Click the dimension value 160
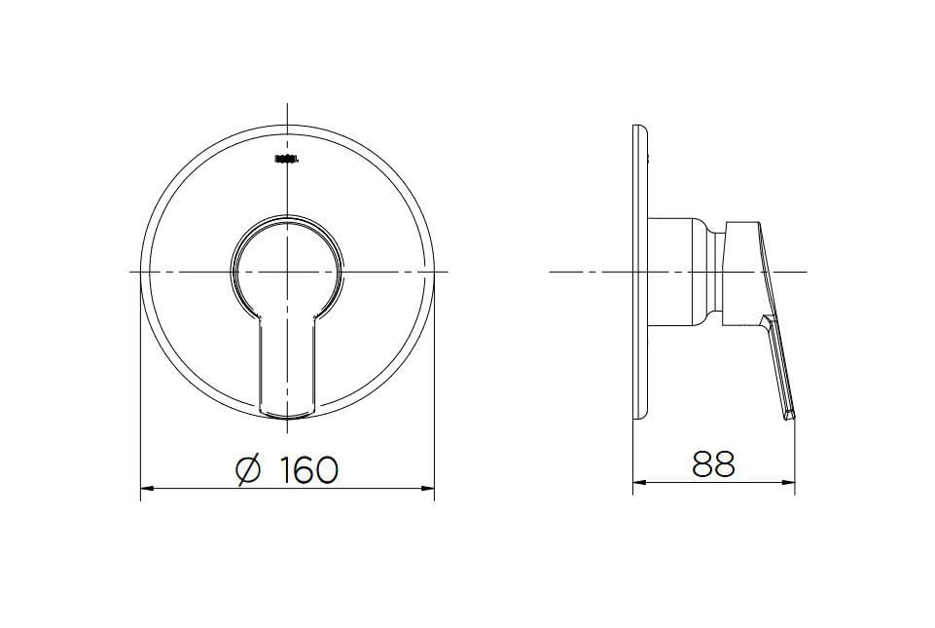tap(309, 470)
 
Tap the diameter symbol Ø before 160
tap(250, 470)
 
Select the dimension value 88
tap(714, 464)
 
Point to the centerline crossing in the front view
tap(288, 271)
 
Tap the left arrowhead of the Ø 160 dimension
tap(145, 488)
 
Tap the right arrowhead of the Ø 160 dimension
tap(430, 488)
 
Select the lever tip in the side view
tap(790, 417)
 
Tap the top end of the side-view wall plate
tap(637, 128)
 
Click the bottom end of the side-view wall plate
tap(637, 418)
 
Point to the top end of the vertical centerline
tap(288, 105)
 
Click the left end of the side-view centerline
tap(552, 271)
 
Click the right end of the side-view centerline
tap(806, 271)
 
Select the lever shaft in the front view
tap(288, 365)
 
